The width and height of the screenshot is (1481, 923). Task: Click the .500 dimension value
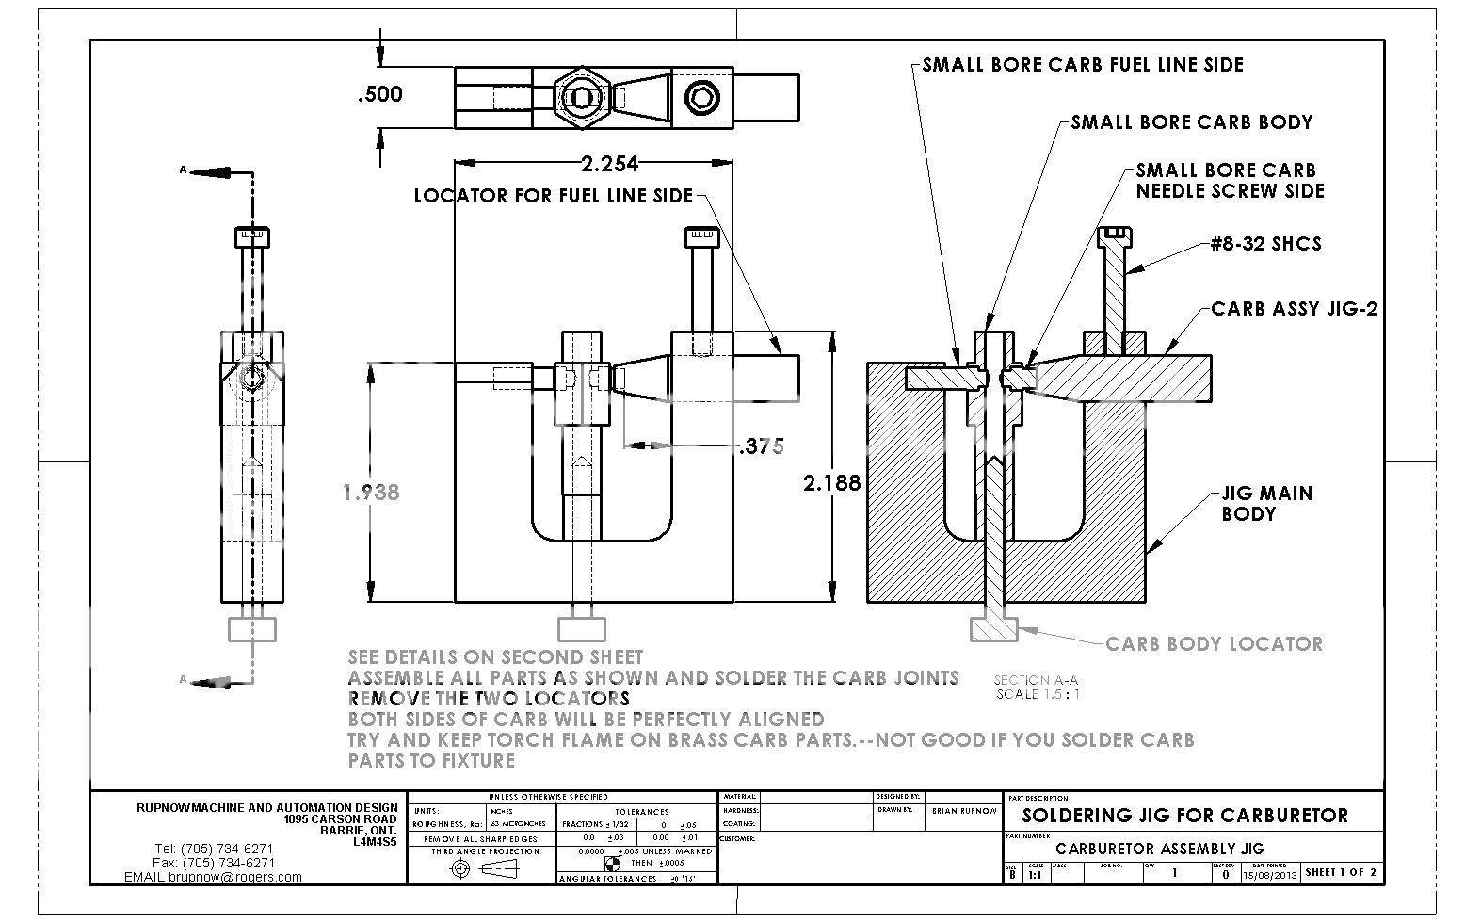[x=380, y=93]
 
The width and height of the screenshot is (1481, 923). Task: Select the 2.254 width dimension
[x=609, y=164]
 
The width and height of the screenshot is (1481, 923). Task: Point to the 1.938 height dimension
[x=371, y=492]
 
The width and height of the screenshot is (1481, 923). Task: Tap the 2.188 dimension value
[x=831, y=482]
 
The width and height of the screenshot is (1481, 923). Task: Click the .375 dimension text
[x=761, y=446]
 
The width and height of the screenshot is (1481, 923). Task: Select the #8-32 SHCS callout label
[x=1265, y=244]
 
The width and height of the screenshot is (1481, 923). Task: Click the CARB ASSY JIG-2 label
[x=1294, y=309]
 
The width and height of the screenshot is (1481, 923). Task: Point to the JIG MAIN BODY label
[x=1265, y=503]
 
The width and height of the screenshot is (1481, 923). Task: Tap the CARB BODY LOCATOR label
[x=1214, y=644]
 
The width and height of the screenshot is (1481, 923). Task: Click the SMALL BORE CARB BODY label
[x=1191, y=122]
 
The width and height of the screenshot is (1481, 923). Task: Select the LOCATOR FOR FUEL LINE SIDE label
[x=553, y=196]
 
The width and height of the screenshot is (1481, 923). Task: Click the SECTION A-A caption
[x=1036, y=680]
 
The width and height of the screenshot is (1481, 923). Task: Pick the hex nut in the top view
[x=583, y=98]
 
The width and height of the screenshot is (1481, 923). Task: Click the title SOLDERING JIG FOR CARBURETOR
[x=1184, y=816]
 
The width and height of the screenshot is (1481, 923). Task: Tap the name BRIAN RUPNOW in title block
[x=963, y=810]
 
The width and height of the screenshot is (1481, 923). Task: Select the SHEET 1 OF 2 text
[x=1341, y=873]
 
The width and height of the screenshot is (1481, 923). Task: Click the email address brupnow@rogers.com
[x=235, y=877]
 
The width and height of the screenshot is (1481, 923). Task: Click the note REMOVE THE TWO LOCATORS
[x=489, y=699]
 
